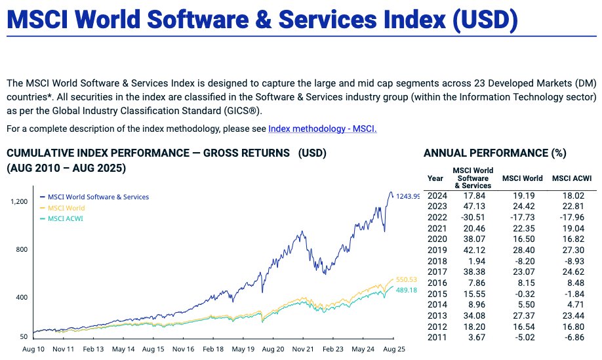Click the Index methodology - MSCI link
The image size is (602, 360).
point(322,129)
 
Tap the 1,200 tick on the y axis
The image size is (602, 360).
point(20,201)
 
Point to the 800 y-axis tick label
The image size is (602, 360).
point(23,249)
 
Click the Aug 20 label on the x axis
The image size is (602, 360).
point(272,350)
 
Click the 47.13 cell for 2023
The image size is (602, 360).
point(473,206)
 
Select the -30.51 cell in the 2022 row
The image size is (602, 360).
point(472,216)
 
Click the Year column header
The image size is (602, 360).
point(435,178)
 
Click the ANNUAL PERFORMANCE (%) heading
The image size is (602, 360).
point(494,153)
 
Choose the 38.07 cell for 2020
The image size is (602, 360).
point(473,239)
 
